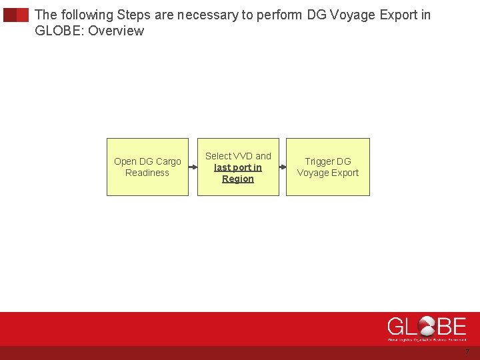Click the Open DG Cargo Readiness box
click(x=147, y=167)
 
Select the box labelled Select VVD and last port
click(x=238, y=167)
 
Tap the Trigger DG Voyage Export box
click(x=327, y=167)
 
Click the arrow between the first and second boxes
click(x=193, y=167)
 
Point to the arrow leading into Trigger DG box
click(x=283, y=167)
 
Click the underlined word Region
click(x=238, y=179)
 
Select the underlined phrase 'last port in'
click(x=238, y=167)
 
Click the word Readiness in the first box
click(x=147, y=173)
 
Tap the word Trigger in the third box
click(x=319, y=161)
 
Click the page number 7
click(x=467, y=352)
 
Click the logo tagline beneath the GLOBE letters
click(x=427, y=339)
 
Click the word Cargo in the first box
click(x=167, y=161)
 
